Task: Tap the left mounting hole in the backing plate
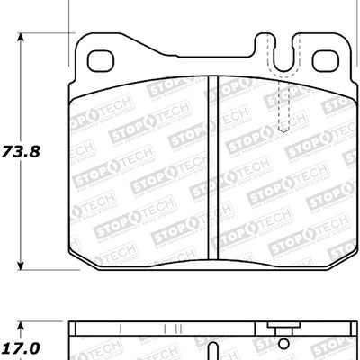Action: tap(98, 61)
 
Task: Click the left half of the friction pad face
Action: tap(139, 171)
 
